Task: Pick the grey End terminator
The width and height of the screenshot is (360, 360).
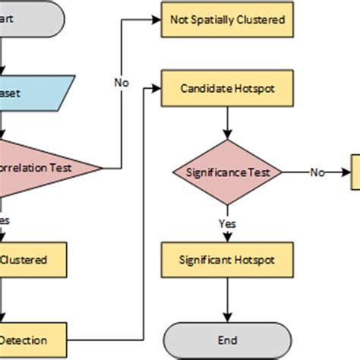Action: click(x=228, y=339)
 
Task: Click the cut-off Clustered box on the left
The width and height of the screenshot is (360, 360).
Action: click(x=30, y=260)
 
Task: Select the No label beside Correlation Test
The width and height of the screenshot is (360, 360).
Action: click(x=122, y=81)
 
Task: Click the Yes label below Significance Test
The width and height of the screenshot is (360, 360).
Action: click(x=226, y=223)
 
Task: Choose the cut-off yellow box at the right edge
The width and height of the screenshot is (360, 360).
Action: click(x=355, y=172)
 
